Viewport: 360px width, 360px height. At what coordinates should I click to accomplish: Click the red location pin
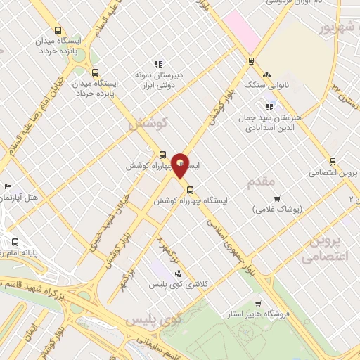click(x=181, y=165)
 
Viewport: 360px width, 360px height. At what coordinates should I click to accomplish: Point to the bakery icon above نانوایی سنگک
click(x=266, y=75)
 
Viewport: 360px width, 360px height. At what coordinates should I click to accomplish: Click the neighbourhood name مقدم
click(x=262, y=183)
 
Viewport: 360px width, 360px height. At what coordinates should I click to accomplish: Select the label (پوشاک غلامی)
click(x=277, y=209)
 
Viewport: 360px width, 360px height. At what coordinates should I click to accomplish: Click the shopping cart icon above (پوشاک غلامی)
click(x=277, y=198)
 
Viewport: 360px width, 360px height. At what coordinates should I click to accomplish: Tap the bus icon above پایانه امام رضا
click(x=15, y=241)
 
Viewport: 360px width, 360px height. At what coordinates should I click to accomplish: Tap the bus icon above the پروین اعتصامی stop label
click(x=333, y=161)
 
